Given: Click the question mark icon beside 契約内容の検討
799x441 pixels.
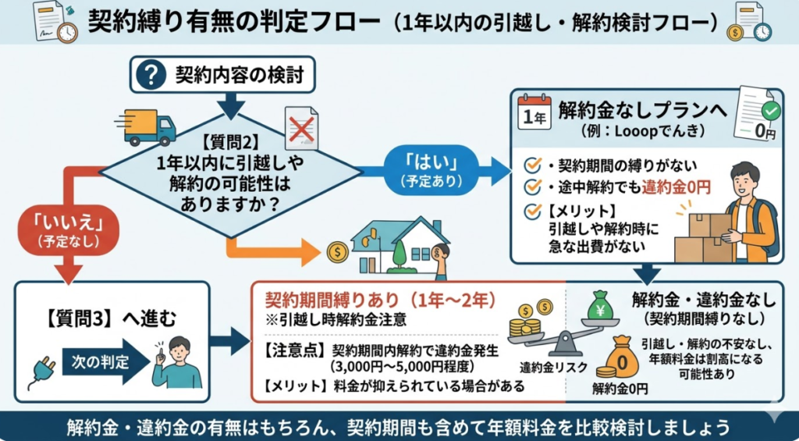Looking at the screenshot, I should tap(152, 76).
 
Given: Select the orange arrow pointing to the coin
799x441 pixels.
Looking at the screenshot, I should tap(273, 250).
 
